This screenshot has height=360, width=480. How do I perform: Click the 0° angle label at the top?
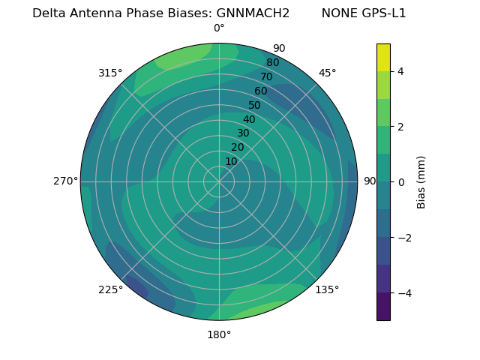pyautogui.click(x=219, y=28)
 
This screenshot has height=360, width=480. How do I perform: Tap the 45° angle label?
pyautogui.click(x=327, y=73)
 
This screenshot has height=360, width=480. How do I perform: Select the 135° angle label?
pyautogui.click(x=327, y=289)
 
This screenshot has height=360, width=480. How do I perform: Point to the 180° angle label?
pyautogui.click(x=219, y=334)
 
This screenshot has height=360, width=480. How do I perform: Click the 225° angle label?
pyautogui.click(x=110, y=290)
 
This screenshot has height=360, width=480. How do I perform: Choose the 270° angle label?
pyautogui.click(x=65, y=181)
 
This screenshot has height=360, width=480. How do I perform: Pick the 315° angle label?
pyautogui.click(x=110, y=73)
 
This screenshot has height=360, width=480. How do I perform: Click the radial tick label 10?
pyautogui.click(x=231, y=161)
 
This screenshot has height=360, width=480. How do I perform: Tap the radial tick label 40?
pyautogui.click(x=249, y=119)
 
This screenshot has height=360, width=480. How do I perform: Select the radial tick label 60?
pyautogui.click(x=261, y=91)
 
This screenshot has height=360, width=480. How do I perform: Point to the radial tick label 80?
pyautogui.click(x=272, y=62)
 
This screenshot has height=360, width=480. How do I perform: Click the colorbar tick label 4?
pyautogui.click(x=400, y=71)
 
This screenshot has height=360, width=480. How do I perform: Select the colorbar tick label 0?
pyautogui.click(x=400, y=181)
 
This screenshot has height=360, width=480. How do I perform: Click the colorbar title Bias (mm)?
pyautogui.click(x=421, y=181)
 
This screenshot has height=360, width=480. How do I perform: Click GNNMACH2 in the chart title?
pyautogui.click(x=253, y=13)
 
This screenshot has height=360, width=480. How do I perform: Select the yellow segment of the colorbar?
pyautogui.click(x=383, y=57)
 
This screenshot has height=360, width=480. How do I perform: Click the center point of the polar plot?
pyautogui.click(x=219, y=181)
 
